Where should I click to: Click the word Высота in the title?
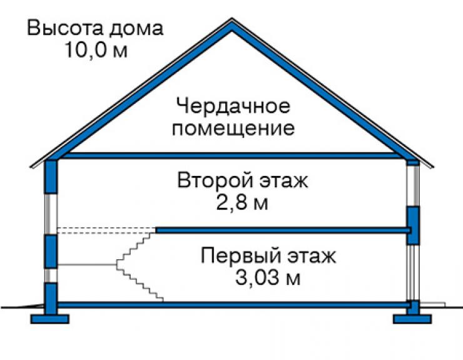(x=65, y=28)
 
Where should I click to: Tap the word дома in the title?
(x=136, y=29)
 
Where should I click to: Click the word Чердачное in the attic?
(x=233, y=106)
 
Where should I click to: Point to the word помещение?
(x=233, y=128)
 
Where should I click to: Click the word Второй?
(x=215, y=180)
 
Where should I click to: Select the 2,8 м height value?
(x=242, y=203)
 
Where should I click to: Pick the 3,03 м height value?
(x=268, y=277)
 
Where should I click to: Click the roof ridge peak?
(x=232, y=19)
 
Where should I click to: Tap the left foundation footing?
(x=50, y=319)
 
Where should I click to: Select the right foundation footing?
(x=412, y=319)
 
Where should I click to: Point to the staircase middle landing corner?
(x=116, y=265)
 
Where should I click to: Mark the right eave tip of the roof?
(x=432, y=167)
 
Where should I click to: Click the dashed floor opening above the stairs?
(x=106, y=230)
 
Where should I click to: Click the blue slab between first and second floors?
(x=283, y=230)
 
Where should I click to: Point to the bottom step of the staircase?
(x=160, y=300)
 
